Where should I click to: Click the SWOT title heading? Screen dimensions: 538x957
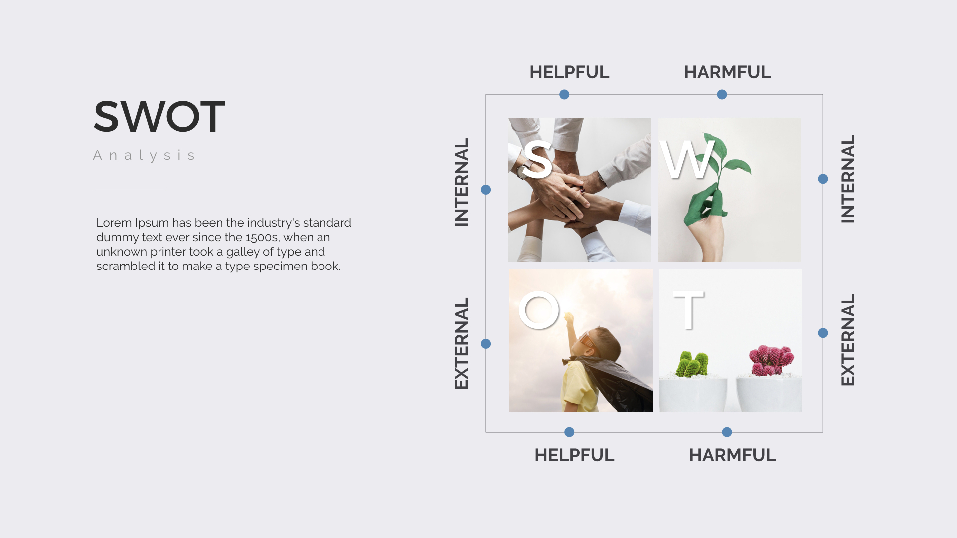tap(159, 117)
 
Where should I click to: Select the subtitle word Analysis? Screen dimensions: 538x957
tap(145, 155)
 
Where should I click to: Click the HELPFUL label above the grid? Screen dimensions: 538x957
tap(569, 72)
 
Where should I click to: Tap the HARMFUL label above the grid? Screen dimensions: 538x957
tap(727, 72)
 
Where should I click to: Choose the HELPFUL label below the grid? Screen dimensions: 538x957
tap(574, 455)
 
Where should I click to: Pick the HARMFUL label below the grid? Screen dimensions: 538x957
tap(732, 455)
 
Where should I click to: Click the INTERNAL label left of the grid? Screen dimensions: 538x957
tap(462, 182)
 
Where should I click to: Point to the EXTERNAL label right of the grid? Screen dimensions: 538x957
tap(848, 340)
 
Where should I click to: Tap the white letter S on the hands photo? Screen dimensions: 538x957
tap(537, 159)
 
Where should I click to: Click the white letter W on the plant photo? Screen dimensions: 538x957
tap(687, 160)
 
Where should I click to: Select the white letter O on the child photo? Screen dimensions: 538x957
tap(539, 310)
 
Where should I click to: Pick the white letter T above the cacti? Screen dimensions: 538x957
tap(688, 310)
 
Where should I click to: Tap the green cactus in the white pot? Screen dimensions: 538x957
tap(692, 365)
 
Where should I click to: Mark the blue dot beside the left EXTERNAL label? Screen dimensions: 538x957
tap(486, 344)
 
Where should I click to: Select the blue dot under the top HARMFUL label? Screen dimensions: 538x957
tap(722, 95)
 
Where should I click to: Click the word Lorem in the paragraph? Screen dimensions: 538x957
tap(114, 223)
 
